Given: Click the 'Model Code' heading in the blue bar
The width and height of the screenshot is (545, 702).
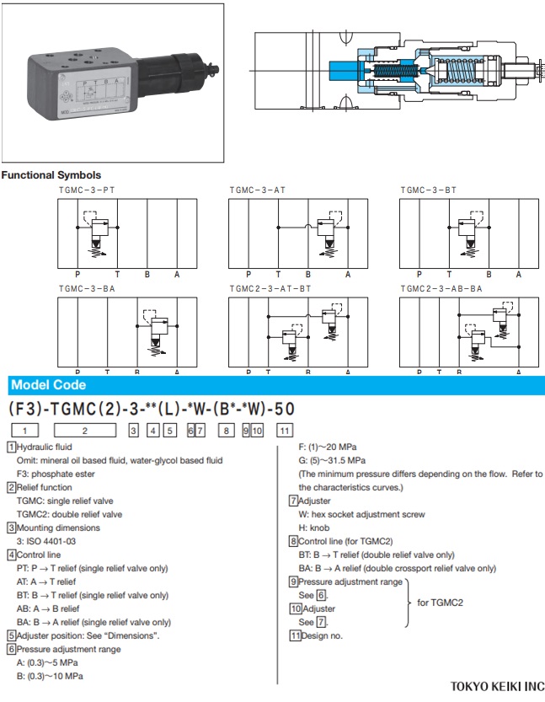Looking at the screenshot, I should (x=47, y=385).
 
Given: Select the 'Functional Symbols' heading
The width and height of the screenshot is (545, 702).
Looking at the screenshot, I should (x=51, y=175).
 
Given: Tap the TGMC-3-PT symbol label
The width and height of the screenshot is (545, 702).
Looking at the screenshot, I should (x=87, y=190).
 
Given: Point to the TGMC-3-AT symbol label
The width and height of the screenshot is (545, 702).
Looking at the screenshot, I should (x=258, y=190).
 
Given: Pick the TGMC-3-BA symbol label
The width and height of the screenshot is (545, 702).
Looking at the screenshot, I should (x=87, y=288).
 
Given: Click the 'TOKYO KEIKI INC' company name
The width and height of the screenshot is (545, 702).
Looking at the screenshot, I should (x=497, y=687).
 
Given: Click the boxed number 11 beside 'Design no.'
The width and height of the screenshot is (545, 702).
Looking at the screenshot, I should (x=295, y=635).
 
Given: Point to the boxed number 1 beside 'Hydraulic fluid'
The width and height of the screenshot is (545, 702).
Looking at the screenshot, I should (x=11, y=447).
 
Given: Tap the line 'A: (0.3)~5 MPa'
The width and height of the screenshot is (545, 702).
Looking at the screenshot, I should (x=47, y=662).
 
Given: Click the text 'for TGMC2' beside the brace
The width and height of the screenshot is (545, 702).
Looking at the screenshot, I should (x=441, y=603).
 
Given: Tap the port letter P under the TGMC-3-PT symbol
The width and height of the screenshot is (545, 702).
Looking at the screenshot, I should (x=77, y=274).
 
